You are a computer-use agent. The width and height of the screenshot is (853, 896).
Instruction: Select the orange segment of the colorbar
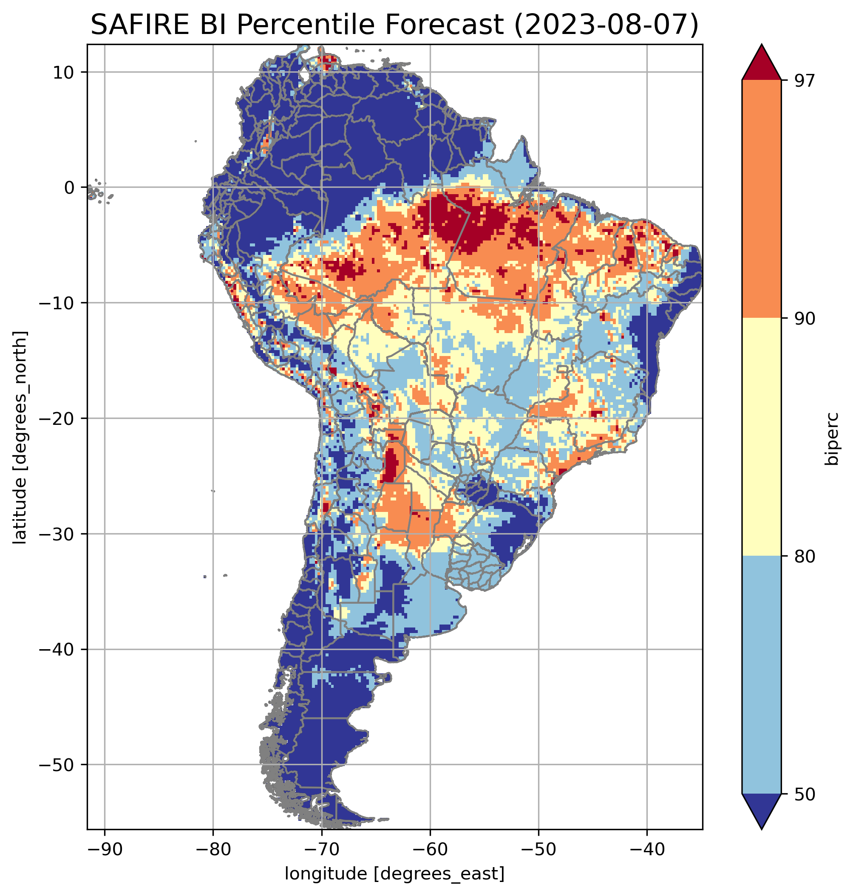[761, 199]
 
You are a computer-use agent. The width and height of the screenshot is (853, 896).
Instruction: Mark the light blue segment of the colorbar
[761, 675]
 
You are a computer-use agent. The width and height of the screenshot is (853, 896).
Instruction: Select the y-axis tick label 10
[64, 72]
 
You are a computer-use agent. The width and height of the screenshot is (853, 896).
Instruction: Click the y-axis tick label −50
[57, 765]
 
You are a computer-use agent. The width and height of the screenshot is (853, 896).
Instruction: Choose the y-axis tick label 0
[70, 188]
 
